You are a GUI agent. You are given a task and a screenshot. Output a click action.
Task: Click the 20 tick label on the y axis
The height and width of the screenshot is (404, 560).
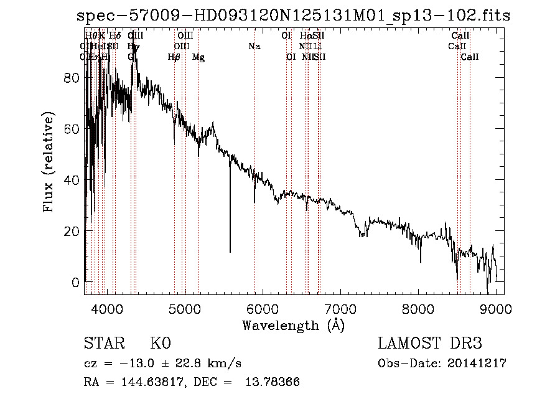[x=74, y=231]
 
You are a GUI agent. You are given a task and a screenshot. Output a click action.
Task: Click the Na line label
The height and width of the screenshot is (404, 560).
[x=254, y=46]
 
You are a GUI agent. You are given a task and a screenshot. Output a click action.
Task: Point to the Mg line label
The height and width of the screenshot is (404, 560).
[x=198, y=57]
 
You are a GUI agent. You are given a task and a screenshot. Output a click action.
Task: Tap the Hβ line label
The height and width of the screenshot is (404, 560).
[x=174, y=57]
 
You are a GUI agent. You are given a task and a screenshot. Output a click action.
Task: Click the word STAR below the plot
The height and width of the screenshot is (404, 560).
[x=103, y=344]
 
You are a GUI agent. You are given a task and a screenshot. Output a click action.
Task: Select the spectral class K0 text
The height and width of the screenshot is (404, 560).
[x=161, y=344]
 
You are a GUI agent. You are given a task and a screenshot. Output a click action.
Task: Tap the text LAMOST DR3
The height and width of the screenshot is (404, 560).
[x=430, y=344]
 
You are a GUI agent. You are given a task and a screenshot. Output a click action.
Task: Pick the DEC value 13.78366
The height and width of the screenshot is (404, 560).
[x=274, y=382]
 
